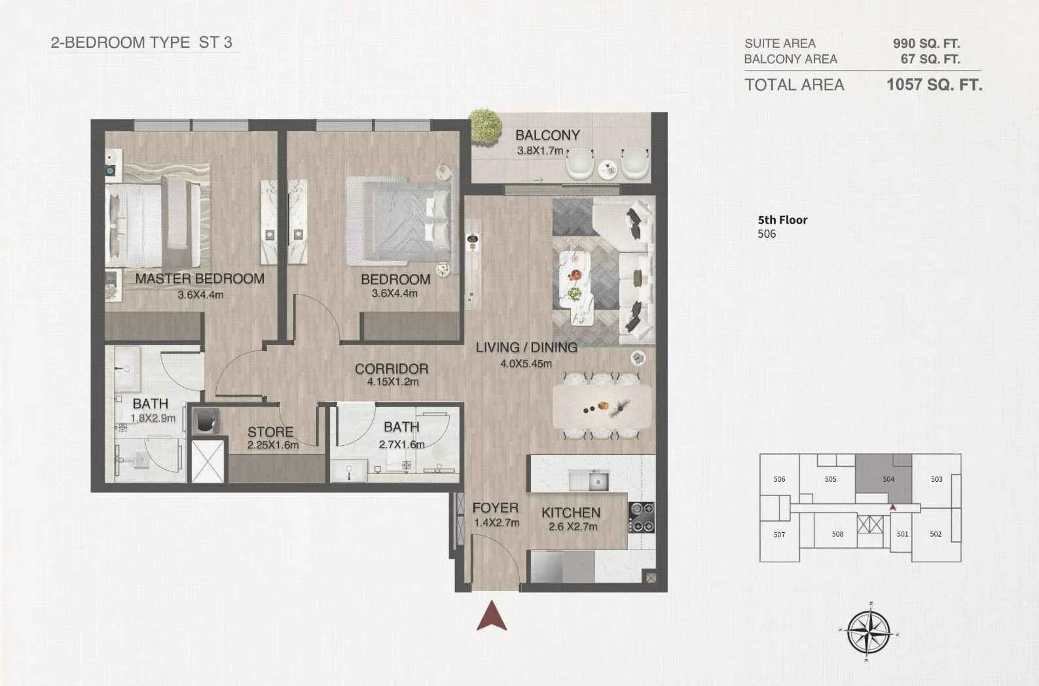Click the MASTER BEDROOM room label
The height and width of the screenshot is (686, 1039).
(x=200, y=278)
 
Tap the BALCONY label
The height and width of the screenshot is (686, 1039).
(x=547, y=135)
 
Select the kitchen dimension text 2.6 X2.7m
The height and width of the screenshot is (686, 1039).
(x=573, y=526)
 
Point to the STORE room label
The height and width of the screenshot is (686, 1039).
(x=270, y=432)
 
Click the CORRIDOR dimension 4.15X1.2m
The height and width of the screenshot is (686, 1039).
(x=393, y=382)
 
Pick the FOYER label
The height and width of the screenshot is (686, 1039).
(x=496, y=508)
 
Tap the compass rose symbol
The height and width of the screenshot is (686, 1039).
(x=869, y=632)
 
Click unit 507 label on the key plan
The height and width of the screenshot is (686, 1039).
(x=779, y=534)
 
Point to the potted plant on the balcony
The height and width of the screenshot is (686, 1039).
(x=486, y=126)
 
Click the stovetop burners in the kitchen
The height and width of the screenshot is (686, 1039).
(x=642, y=517)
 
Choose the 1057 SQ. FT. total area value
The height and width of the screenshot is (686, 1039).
(x=934, y=85)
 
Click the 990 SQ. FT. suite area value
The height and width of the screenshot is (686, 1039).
(x=926, y=44)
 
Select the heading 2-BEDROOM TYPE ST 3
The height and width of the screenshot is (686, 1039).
(x=141, y=43)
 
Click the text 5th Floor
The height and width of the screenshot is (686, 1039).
(x=782, y=220)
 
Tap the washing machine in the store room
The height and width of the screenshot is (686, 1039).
(x=206, y=421)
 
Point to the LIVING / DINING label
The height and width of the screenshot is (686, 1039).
(x=526, y=348)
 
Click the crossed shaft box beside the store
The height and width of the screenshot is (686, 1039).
(x=208, y=461)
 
